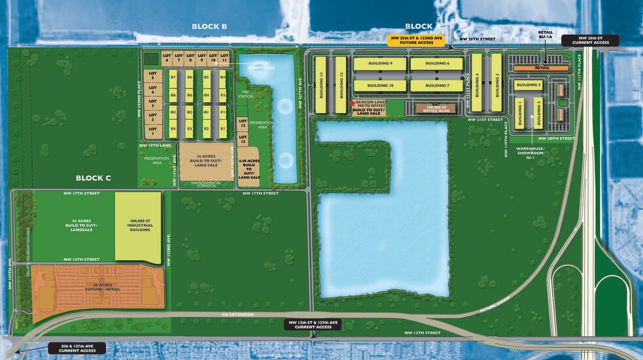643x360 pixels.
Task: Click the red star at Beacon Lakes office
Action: (352, 103)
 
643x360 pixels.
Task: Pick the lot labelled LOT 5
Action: (152, 75)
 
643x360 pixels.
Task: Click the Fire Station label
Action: (245, 94)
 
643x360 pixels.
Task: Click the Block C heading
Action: (94, 178)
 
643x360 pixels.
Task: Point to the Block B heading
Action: (209, 26)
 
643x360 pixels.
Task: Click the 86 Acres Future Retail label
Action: (98, 286)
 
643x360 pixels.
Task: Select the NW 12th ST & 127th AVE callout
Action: (313, 324)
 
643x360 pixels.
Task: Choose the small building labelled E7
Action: (173, 77)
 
